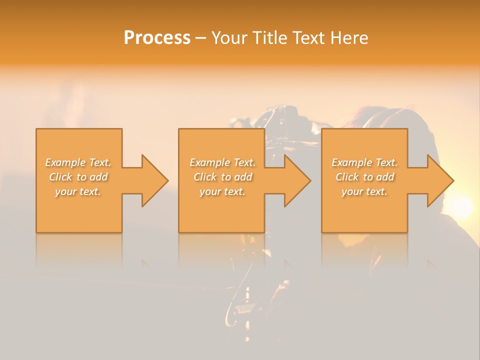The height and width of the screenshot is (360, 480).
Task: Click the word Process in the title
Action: pos(157,38)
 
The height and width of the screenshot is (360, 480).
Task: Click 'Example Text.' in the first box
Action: pos(78,162)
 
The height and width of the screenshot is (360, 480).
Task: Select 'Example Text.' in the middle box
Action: pos(222,162)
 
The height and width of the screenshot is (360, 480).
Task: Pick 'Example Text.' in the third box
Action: pos(364,162)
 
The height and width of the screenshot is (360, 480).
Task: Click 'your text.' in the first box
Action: pos(78,191)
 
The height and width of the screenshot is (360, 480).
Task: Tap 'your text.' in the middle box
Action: pos(222,191)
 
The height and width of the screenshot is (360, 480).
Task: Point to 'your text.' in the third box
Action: pos(364,191)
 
